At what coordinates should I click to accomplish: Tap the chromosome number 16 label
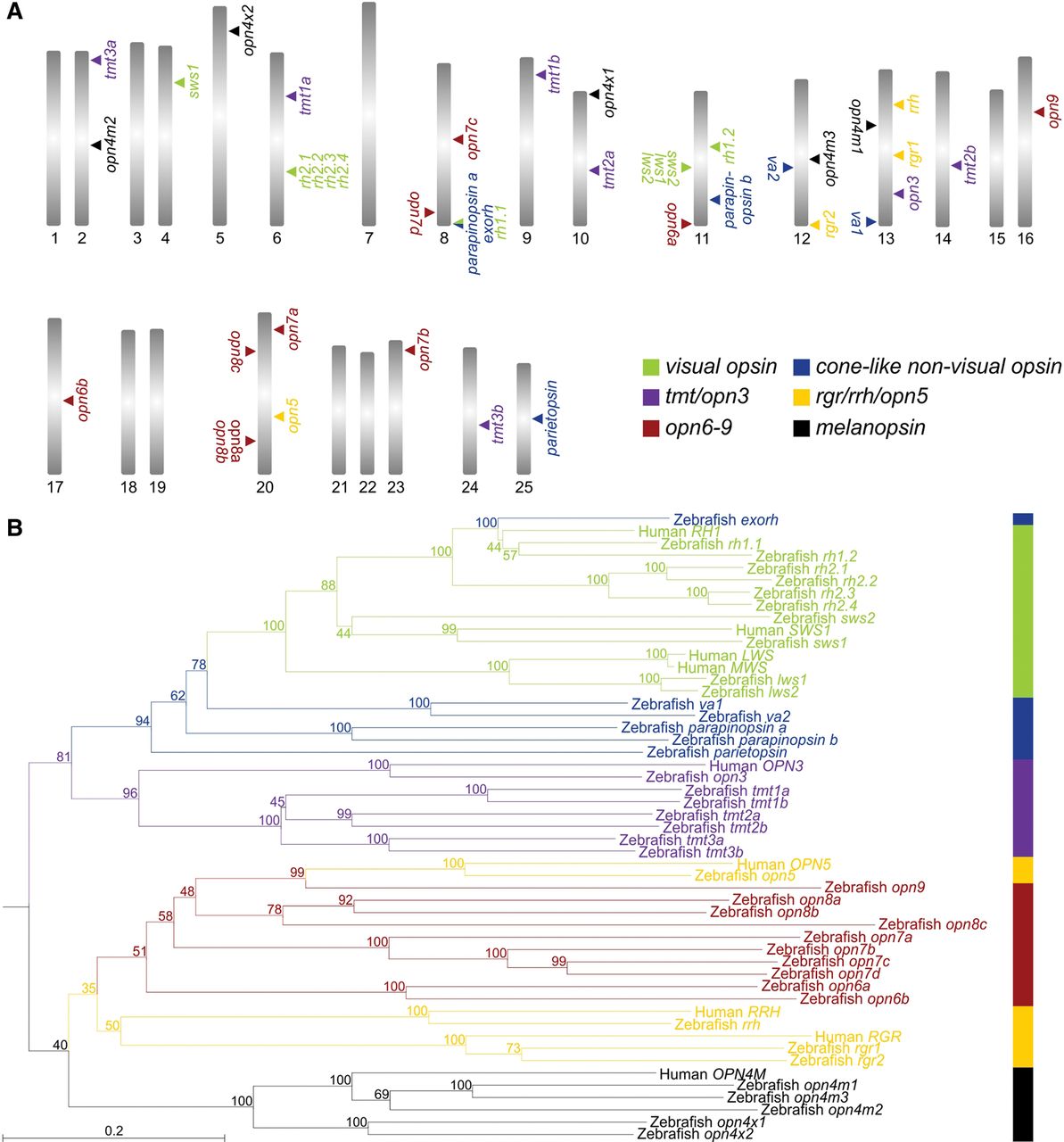[x=1026, y=239]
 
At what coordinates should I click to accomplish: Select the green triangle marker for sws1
[x=179, y=82]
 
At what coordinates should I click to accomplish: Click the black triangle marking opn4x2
[x=234, y=31]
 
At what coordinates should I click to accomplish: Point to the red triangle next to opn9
[x=1039, y=112]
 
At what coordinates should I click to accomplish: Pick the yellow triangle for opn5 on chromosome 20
[x=279, y=417]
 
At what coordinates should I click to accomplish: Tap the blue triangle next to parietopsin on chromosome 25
[x=537, y=418]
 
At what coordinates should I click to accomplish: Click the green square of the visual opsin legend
[x=652, y=367]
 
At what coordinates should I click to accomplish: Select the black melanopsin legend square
[x=802, y=428]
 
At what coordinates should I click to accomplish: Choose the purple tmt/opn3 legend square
[x=652, y=398]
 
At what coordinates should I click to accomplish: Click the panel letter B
[x=13, y=528]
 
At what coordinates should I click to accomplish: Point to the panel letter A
[x=13, y=18]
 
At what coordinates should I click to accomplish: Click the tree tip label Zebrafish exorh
[x=728, y=519]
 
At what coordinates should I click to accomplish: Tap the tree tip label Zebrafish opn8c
[x=933, y=924]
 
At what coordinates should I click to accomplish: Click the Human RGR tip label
[x=858, y=1037]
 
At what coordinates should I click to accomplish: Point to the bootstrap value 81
[x=63, y=757]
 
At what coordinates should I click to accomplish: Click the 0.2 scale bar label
[x=114, y=1130]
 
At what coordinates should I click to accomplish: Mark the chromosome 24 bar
[x=470, y=410]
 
